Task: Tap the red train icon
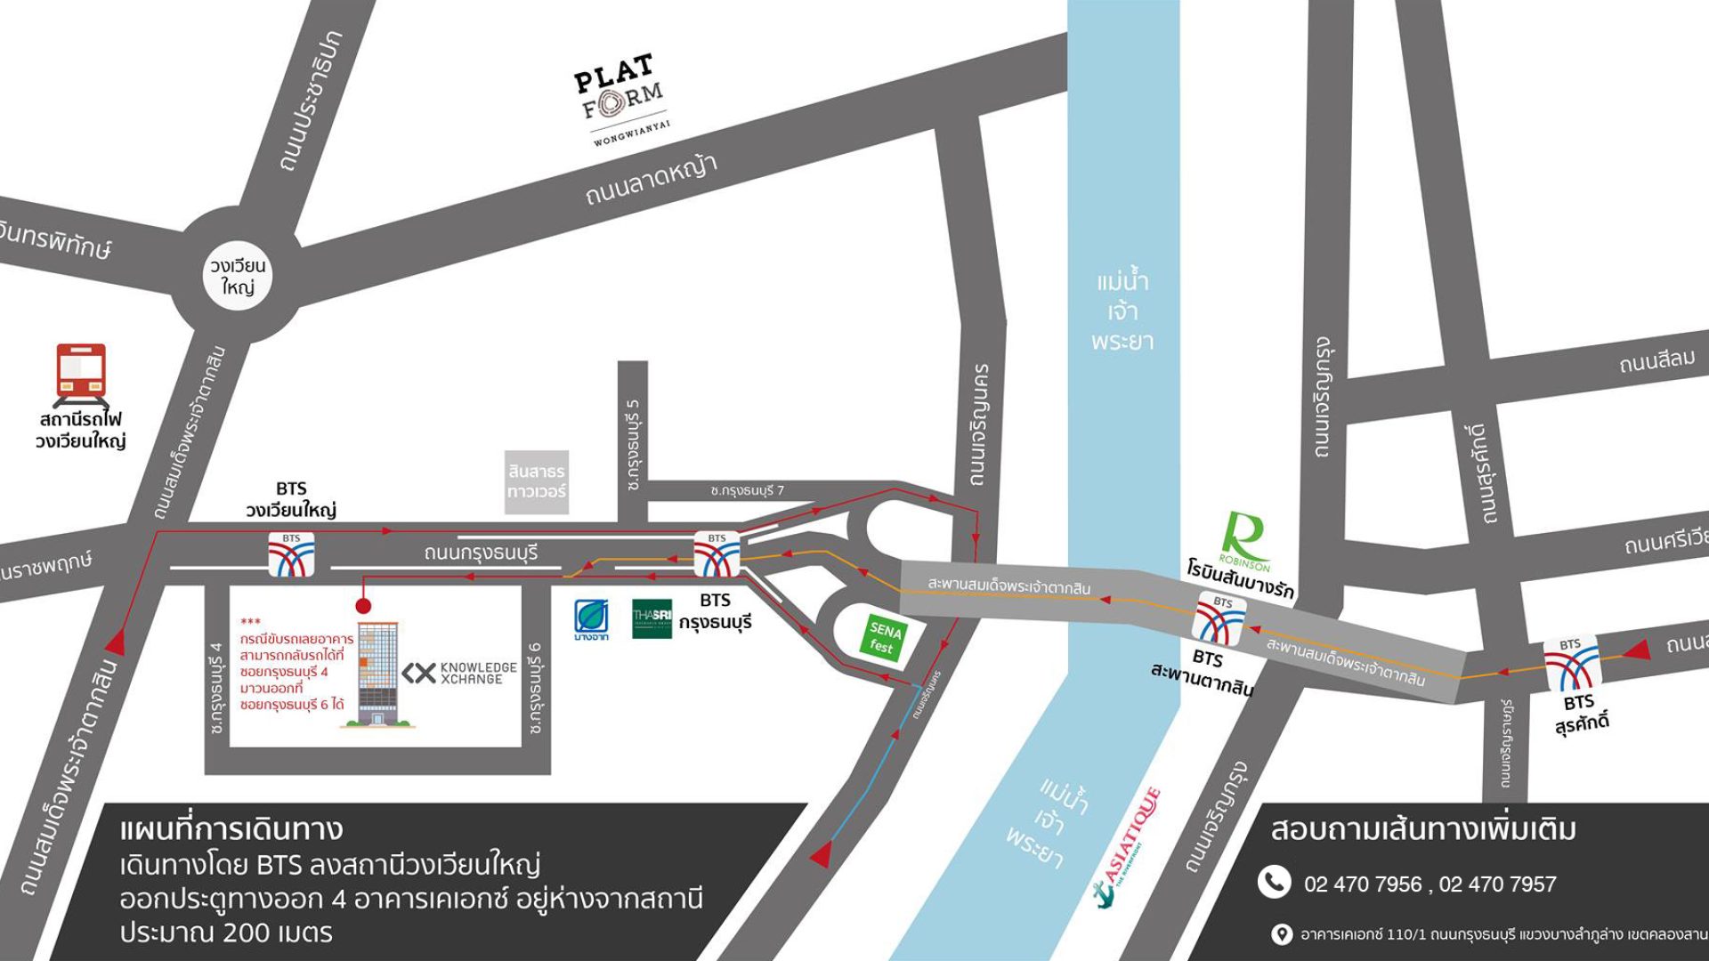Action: [x=81, y=372]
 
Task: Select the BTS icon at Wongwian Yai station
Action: [x=291, y=554]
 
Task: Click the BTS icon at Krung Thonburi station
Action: [x=717, y=554]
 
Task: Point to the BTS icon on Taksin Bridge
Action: [x=1219, y=618]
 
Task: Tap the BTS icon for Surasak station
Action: [x=1571, y=663]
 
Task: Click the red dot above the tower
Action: [x=362, y=606]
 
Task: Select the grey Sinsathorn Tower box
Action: [x=537, y=481]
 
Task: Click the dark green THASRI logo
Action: [x=652, y=618]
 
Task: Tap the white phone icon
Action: [x=1274, y=882]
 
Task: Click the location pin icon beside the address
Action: [x=1281, y=933]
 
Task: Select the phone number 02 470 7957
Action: [x=1497, y=884]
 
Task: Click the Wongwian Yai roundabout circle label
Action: [x=238, y=276]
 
